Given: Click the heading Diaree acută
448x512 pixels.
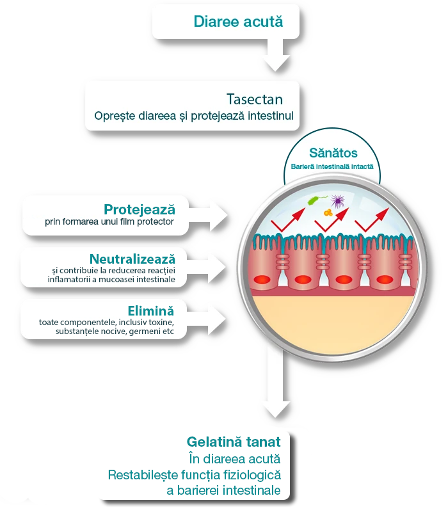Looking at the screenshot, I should pos(237,21).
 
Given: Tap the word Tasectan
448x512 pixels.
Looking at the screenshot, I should pos(254,99).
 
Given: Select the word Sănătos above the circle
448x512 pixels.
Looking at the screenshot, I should pos(333,153).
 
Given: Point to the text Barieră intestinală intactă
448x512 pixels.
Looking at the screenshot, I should pos(333,166).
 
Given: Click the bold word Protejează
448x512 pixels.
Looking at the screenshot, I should pos(139,209).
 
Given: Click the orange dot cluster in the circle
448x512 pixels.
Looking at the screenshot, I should pos(328,212).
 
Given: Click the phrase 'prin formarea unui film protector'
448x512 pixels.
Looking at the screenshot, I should pos(109,222).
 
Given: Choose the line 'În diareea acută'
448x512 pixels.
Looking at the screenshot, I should pos(235,459).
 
